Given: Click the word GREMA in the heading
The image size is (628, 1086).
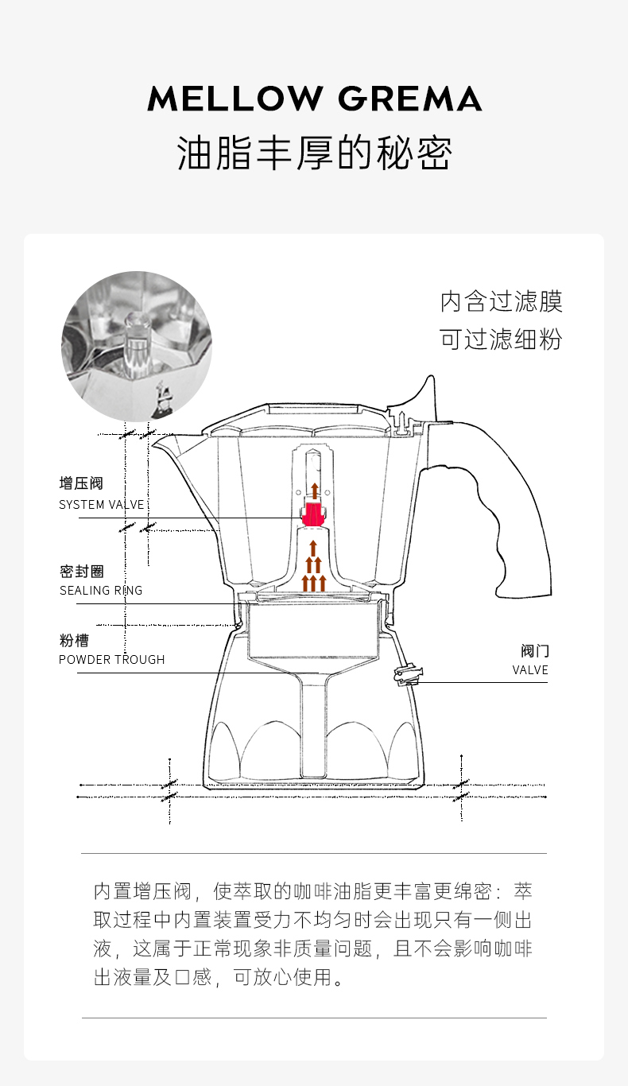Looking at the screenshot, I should click(410, 99).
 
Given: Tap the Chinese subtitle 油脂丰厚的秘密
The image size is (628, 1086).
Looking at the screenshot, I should click(314, 153).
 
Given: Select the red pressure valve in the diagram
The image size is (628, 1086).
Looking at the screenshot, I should click(314, 514).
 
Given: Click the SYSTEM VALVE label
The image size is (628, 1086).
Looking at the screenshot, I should click(102, 505).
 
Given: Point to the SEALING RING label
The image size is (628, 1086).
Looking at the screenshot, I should click(101, 591).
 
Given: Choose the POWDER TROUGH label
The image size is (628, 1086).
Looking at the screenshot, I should click(112, 660).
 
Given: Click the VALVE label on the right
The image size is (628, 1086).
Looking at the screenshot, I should click(530, 670).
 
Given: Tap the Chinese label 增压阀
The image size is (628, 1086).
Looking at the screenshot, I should click(81, 483).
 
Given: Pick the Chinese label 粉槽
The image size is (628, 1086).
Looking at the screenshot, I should click(74, 641).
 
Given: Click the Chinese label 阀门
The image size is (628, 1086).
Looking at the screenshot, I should click(534, 651).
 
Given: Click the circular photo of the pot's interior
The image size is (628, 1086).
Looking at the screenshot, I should click(137, 347).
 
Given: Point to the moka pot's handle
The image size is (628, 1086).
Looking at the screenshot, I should click(509, 509).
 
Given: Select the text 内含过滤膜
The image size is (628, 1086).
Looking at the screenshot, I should click(502, 302).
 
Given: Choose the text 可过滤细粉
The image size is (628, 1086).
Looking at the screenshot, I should click(502, 339).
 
